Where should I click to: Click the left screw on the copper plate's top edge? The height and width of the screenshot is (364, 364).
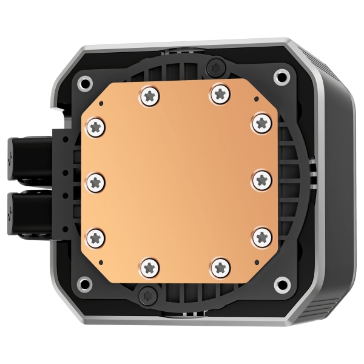[150, 94]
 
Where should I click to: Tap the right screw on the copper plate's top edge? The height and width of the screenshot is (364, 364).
[220, 93]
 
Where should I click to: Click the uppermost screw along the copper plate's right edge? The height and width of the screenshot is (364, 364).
[261, 122]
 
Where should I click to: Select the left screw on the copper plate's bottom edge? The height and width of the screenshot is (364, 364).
[150, 266]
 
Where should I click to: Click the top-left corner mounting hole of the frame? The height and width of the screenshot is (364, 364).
[86, 81]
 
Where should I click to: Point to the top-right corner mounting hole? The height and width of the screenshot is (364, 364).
[281, 76]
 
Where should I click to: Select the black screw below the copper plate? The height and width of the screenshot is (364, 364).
[146, 295]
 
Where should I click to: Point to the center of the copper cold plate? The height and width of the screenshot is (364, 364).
[180, 180]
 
